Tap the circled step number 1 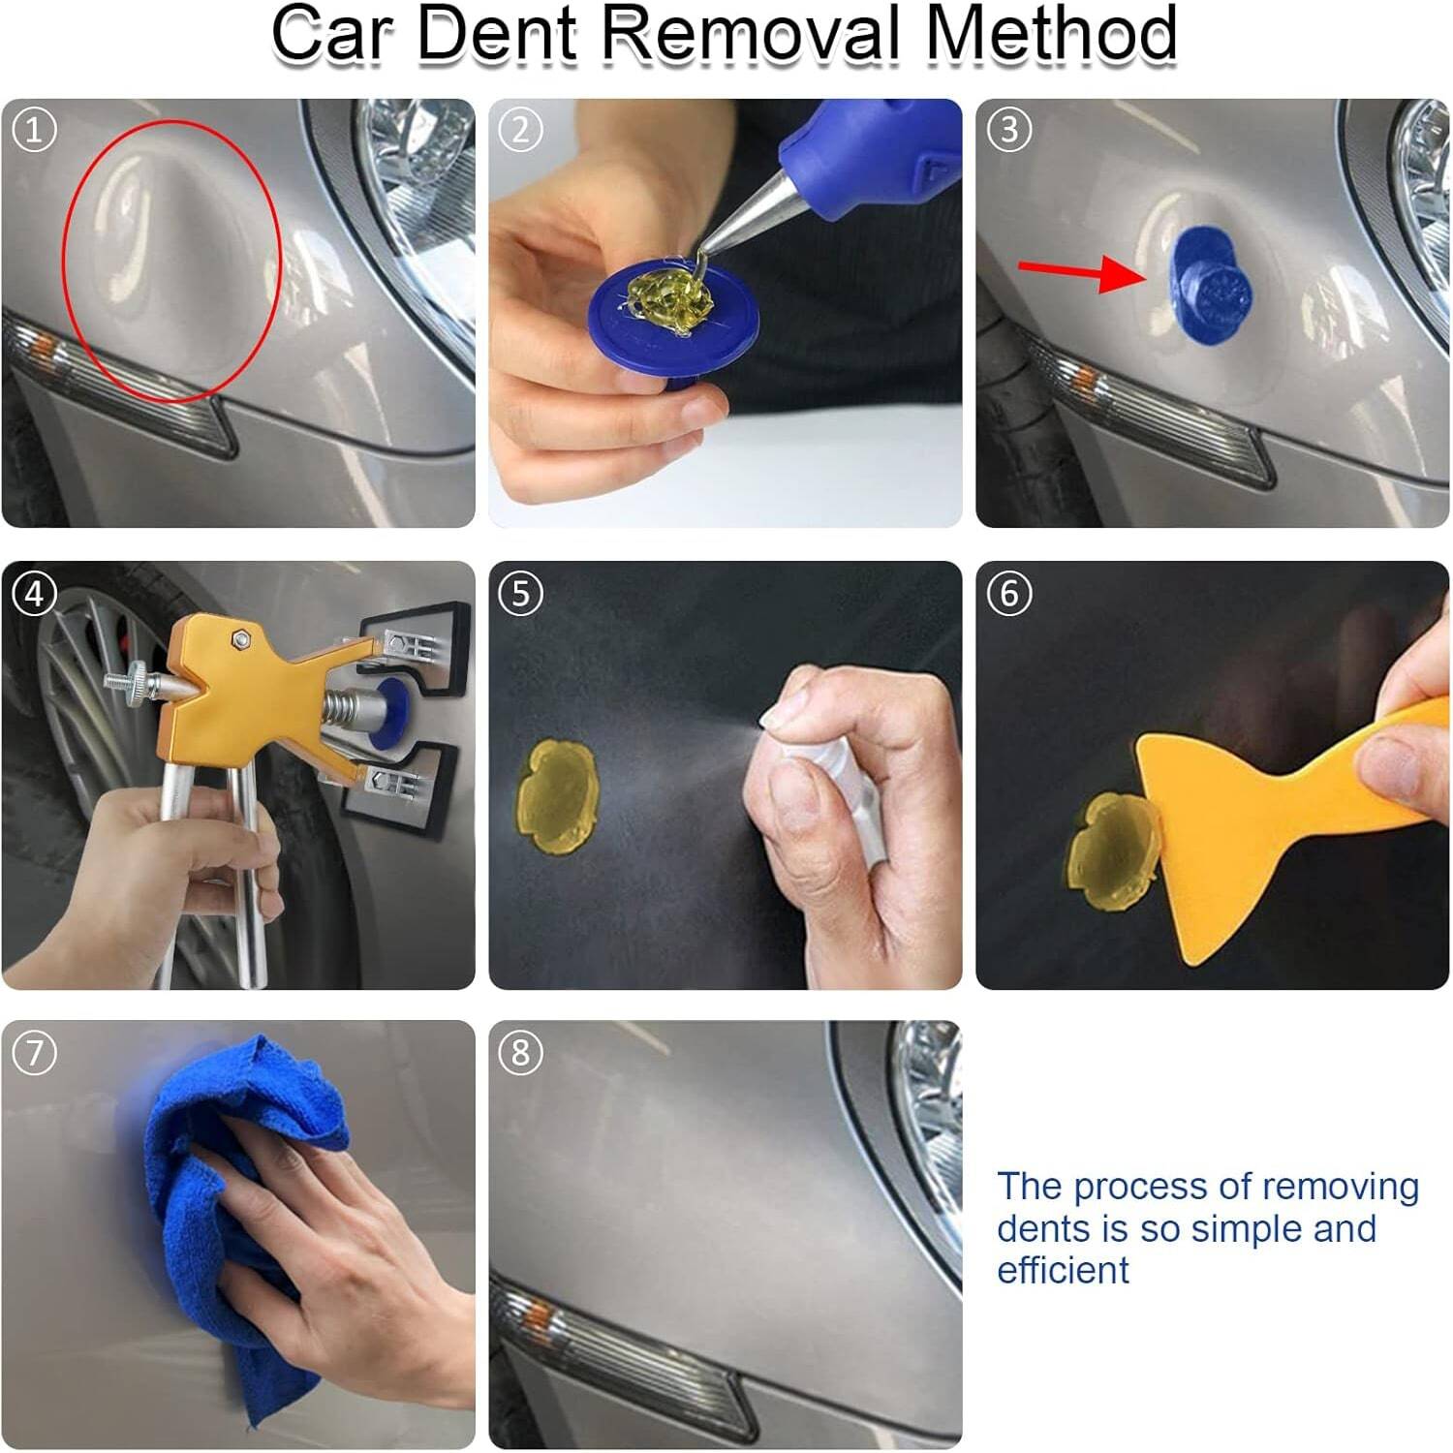35,129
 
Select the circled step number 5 521,593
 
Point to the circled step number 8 521,1052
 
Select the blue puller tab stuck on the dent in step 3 1209,285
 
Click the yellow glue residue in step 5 557,796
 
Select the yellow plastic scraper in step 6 1250,823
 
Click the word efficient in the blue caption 1063,1270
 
